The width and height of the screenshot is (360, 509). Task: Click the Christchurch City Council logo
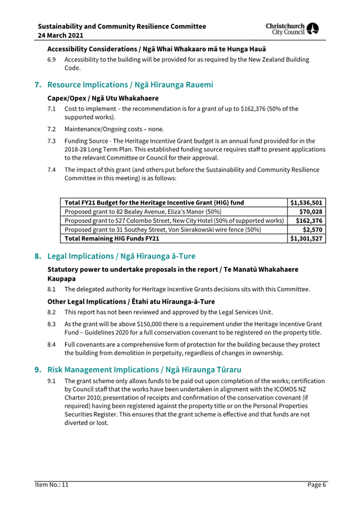coord(303,31)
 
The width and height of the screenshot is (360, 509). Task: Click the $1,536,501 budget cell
coord(305,203)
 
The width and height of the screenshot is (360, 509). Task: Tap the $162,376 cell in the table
coord(308,222)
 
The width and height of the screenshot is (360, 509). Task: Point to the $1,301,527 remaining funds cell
coord(305,241)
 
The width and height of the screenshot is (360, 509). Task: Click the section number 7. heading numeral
coord(38,84)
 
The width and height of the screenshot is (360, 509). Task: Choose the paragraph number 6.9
coord(50,60)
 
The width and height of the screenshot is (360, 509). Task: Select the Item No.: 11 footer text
coord(49,484)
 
